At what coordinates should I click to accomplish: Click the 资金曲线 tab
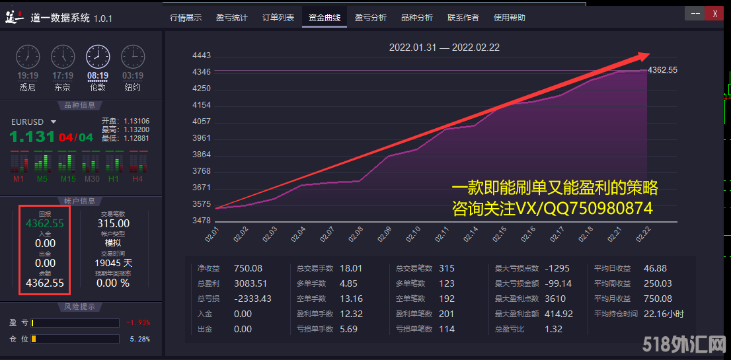point(324,18)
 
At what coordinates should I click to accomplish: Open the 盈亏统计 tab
point(232,18)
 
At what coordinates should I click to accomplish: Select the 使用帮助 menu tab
point(510,18)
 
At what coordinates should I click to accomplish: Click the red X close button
point(714,13)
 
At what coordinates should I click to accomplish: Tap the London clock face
point(98,57)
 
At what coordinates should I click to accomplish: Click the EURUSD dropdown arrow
point(54,122)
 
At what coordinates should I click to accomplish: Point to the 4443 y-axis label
point(201,55)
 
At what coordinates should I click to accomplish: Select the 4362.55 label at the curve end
point(662,69)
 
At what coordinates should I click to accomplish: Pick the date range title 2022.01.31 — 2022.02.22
point(444,48)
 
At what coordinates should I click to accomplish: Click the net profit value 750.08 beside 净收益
point(248,268)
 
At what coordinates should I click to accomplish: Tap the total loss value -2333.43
point(252,299)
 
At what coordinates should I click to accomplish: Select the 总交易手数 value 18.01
point(351,268)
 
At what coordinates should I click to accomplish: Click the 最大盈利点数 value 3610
point(555,299)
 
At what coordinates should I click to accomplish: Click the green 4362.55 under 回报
point(45,223)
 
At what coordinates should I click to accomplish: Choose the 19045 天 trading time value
point(114,263)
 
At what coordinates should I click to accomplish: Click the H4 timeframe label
point(137,179)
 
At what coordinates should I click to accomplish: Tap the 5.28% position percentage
point(140,339)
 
